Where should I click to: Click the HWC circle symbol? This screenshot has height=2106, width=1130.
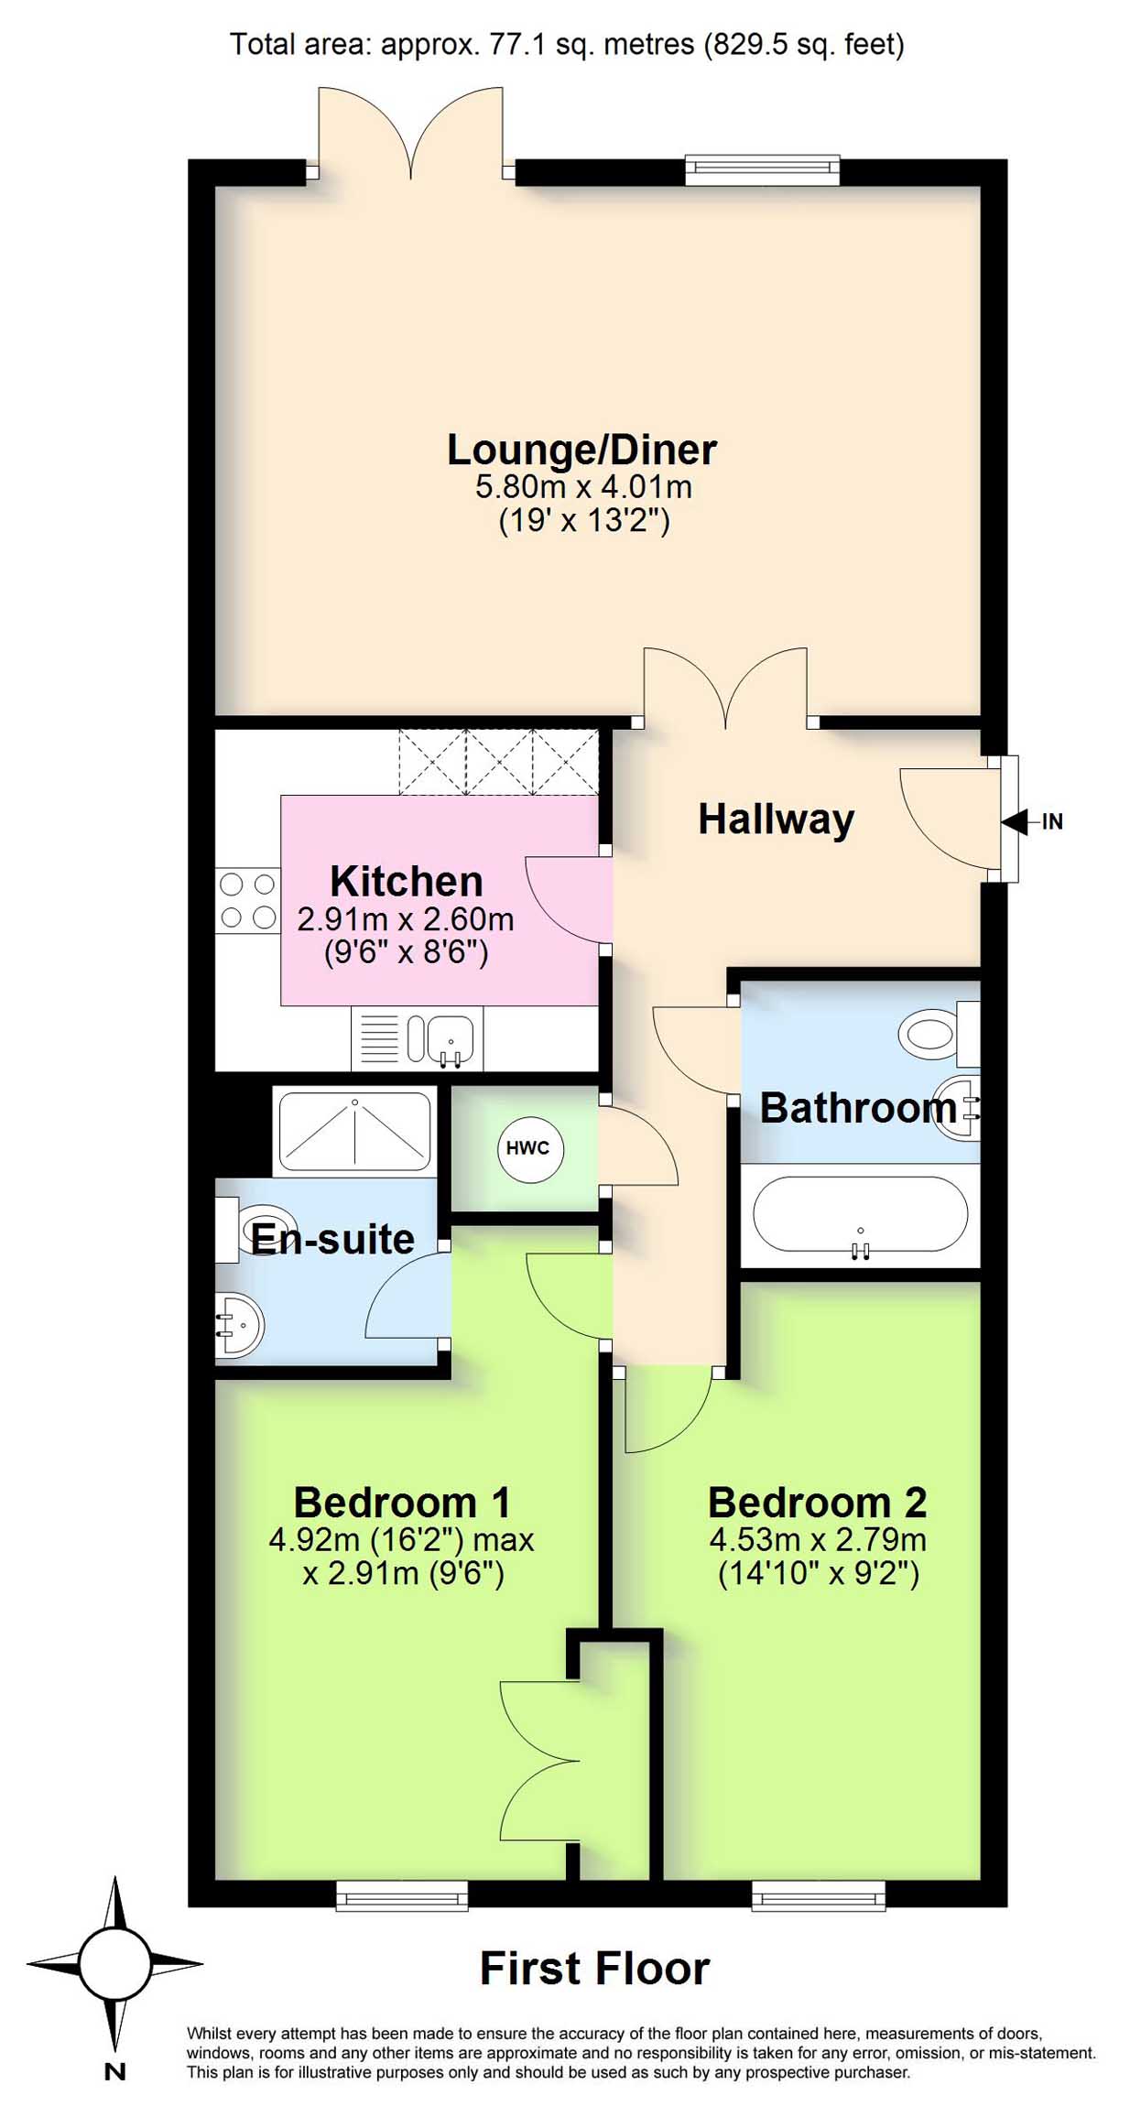click(528, 1147)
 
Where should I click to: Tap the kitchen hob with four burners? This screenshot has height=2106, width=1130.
click(247, 900)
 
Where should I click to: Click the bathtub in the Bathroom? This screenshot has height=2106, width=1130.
click(860, 1213)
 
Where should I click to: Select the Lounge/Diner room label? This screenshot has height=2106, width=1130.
click(581, 450)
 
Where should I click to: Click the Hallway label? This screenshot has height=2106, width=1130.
click(777, 819)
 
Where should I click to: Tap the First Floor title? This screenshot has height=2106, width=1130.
click(595, 1968)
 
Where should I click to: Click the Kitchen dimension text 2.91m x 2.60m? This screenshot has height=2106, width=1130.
click(405, 918)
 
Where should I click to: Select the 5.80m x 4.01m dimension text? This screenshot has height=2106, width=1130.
click(583, 486)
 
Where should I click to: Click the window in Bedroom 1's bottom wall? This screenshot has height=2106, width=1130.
click(402, 1894)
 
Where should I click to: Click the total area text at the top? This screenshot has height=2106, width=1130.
click(567, 44)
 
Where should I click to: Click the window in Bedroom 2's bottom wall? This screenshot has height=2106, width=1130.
click(819, 1894)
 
